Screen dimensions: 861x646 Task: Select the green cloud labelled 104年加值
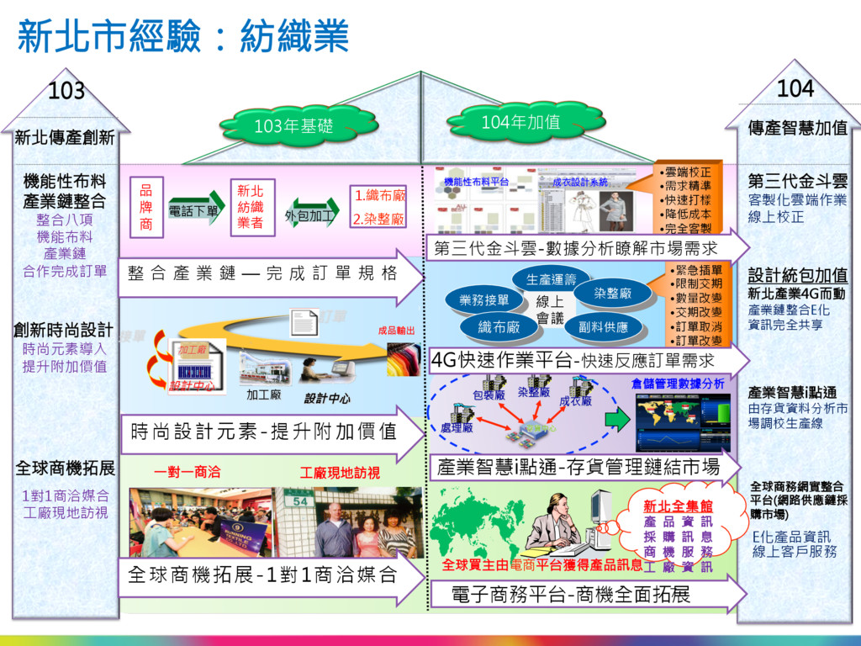(520, 123)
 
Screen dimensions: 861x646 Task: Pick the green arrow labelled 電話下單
(195, 209)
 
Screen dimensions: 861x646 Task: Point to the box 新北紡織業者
(250, 207)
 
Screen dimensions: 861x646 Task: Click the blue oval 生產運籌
(552, 279)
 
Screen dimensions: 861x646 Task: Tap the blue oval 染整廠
(624, 294)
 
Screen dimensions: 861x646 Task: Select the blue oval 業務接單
(484, 300)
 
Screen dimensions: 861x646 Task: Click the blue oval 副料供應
(603, 326)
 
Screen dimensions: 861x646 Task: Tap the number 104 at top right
(795, 87)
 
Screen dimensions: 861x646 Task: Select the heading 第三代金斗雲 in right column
(798, 181)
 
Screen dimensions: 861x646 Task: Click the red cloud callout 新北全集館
(678, 506)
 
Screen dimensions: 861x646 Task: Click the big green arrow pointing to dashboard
(617, 418)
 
